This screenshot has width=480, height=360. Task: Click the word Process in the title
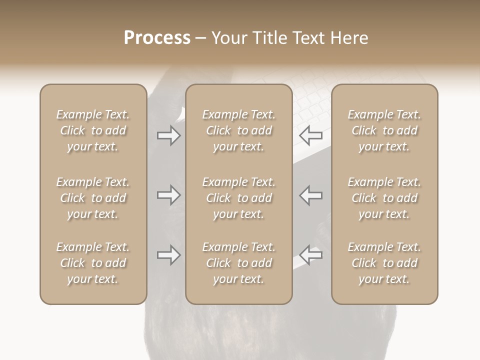pos(157,38)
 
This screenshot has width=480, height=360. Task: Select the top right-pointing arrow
pos(168,135)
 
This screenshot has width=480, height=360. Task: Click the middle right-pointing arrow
pos(168,195)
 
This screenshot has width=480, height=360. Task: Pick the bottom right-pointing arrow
pos(168,255)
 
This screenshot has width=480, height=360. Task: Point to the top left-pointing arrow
pos(311,135)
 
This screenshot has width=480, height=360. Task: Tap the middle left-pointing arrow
pos(311,195)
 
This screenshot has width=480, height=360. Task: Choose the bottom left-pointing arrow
pos(311,255)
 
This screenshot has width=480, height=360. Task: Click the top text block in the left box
pos(93,130)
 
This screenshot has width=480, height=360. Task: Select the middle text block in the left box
pos(93,198)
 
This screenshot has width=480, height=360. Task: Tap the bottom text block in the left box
pos(93,263)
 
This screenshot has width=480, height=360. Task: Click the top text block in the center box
pos(238,130)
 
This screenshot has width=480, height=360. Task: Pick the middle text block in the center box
pos(238,198)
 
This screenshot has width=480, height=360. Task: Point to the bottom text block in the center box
pos(238,263)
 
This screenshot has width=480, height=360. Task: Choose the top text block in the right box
pos(384,130)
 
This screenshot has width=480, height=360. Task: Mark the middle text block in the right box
pos(384,198)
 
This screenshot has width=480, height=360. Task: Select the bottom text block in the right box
pos(384,263)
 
